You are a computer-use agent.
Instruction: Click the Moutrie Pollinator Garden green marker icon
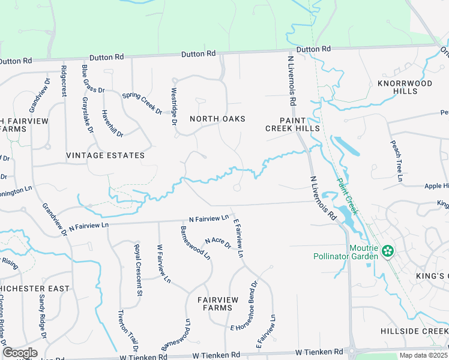388,250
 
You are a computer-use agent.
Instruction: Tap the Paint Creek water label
346,196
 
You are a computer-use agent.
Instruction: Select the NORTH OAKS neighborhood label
217,119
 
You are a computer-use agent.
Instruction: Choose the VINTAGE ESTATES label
105,155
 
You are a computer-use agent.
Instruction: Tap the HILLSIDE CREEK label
414,331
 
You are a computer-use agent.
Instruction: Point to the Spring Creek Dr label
142,103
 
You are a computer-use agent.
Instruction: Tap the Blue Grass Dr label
94,79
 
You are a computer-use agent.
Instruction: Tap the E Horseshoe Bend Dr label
244,305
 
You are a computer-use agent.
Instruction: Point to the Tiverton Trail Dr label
127,331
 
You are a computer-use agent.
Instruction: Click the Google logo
20,353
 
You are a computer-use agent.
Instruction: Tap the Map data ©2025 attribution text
423,355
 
